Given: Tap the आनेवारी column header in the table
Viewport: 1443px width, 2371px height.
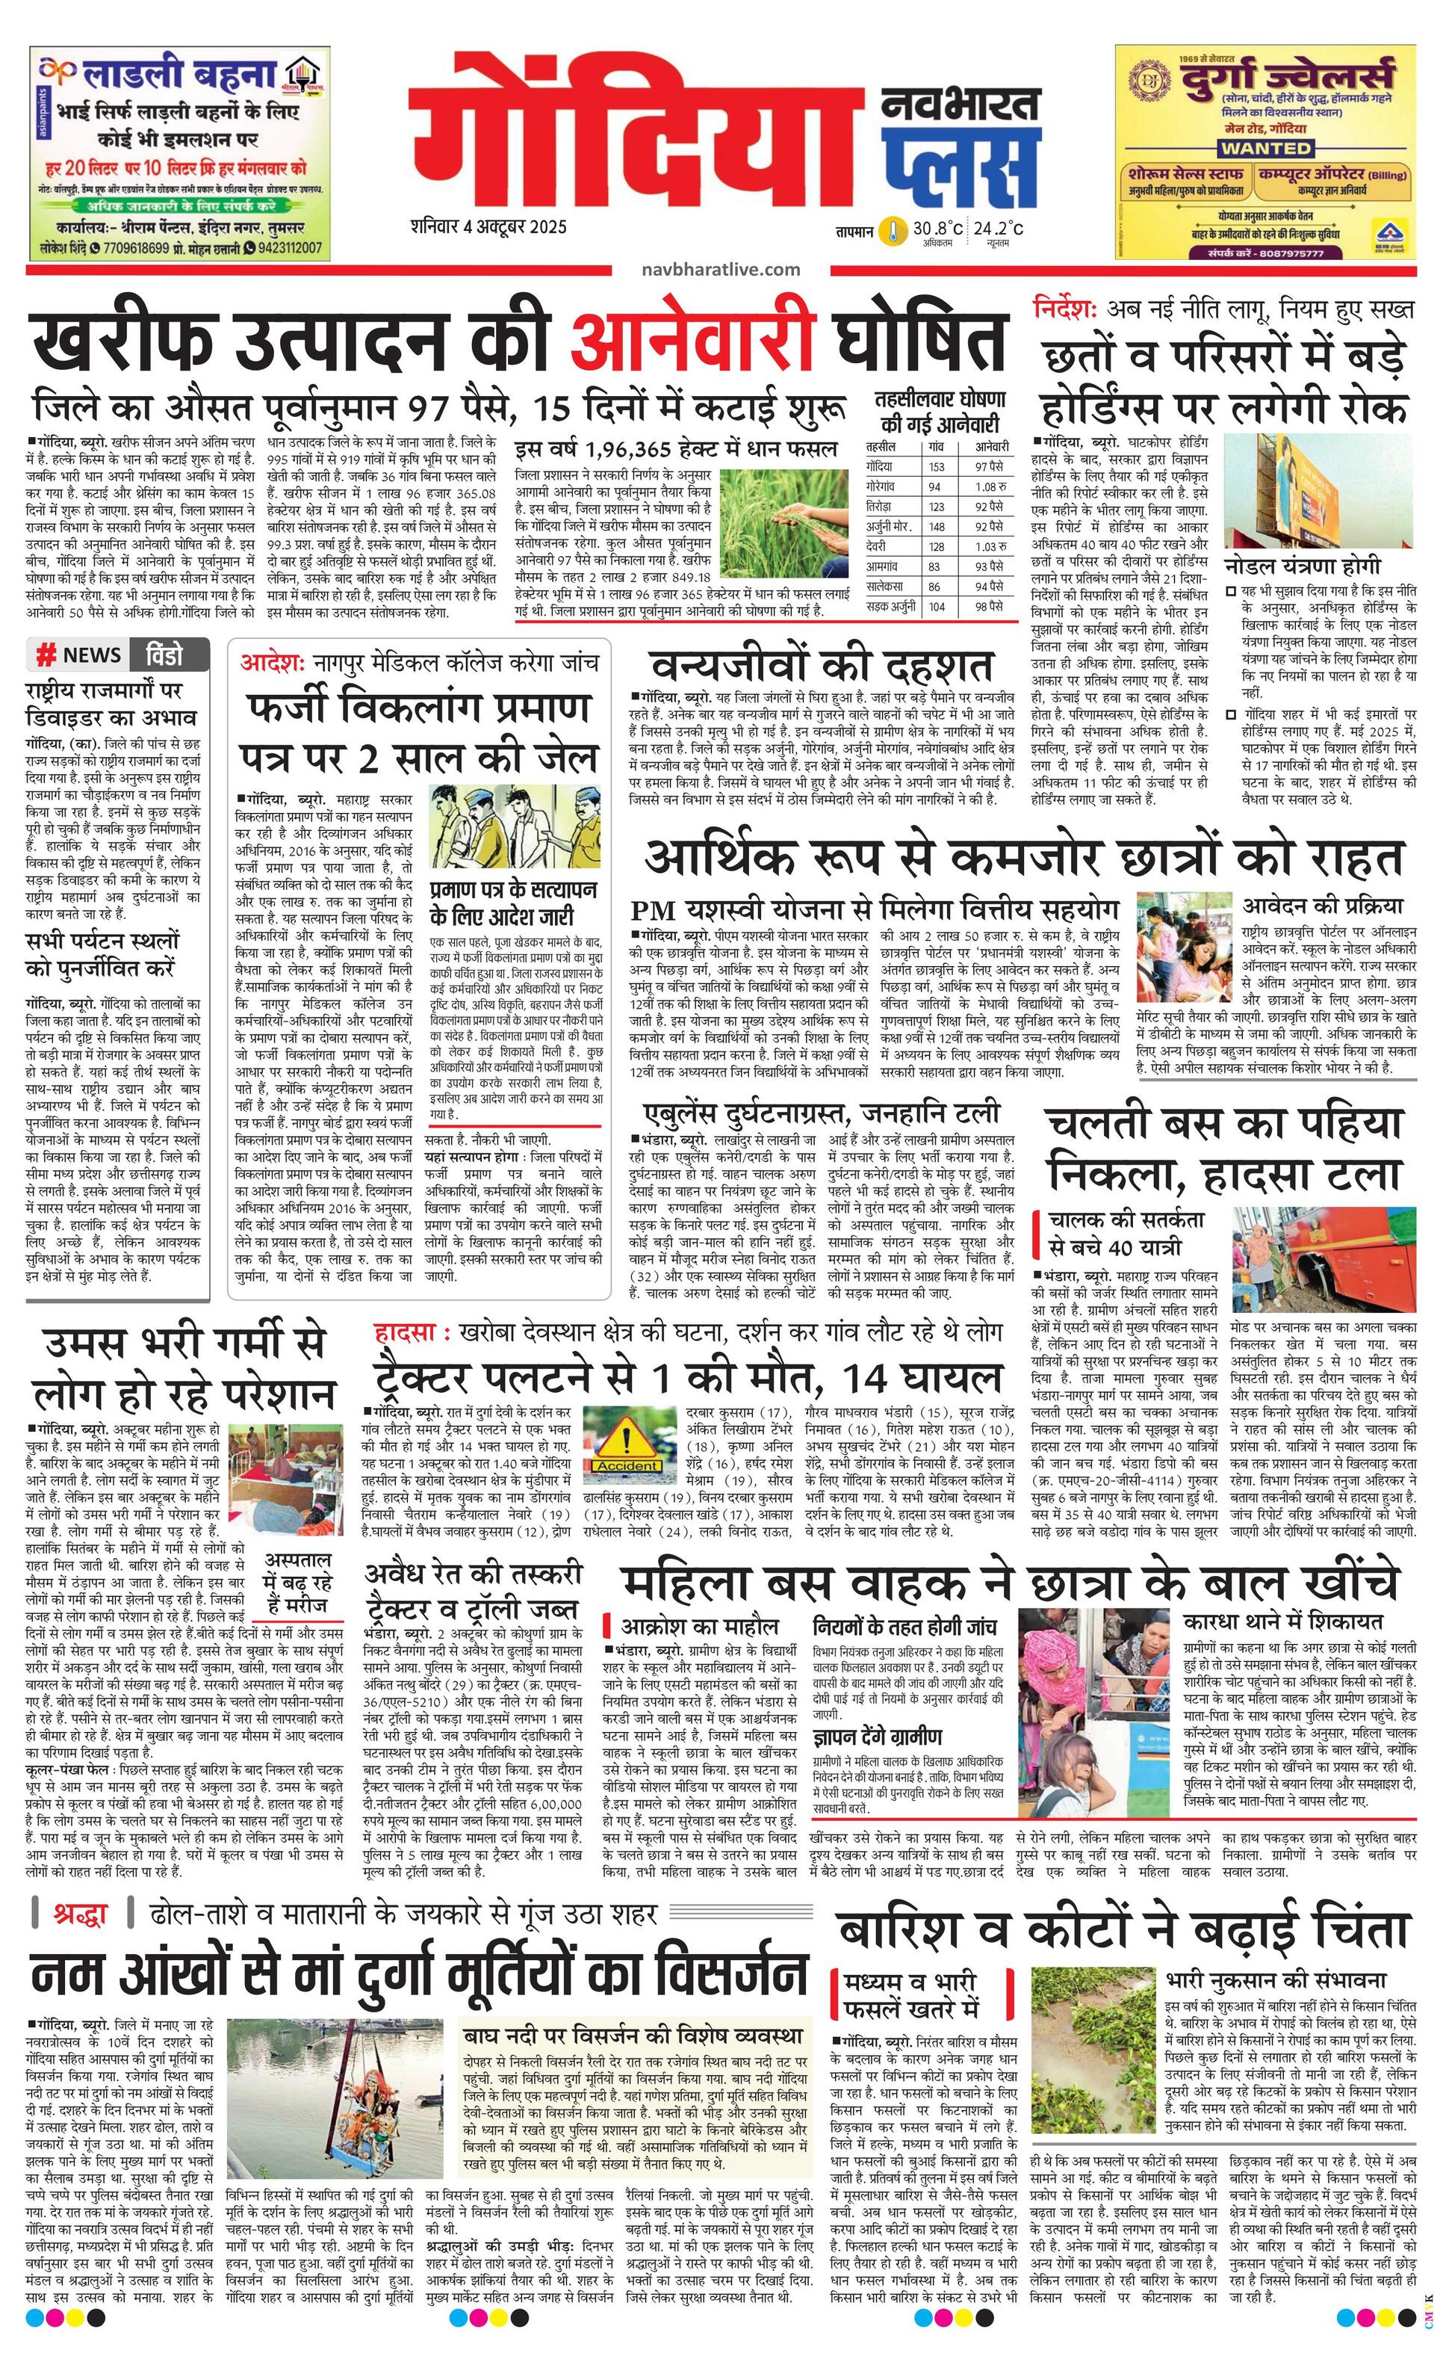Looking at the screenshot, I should click(991, 447).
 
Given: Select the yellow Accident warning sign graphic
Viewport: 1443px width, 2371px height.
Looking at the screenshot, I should click(626, 1449).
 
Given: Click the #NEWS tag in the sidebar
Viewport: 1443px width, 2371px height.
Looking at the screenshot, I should click(79, 655).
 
